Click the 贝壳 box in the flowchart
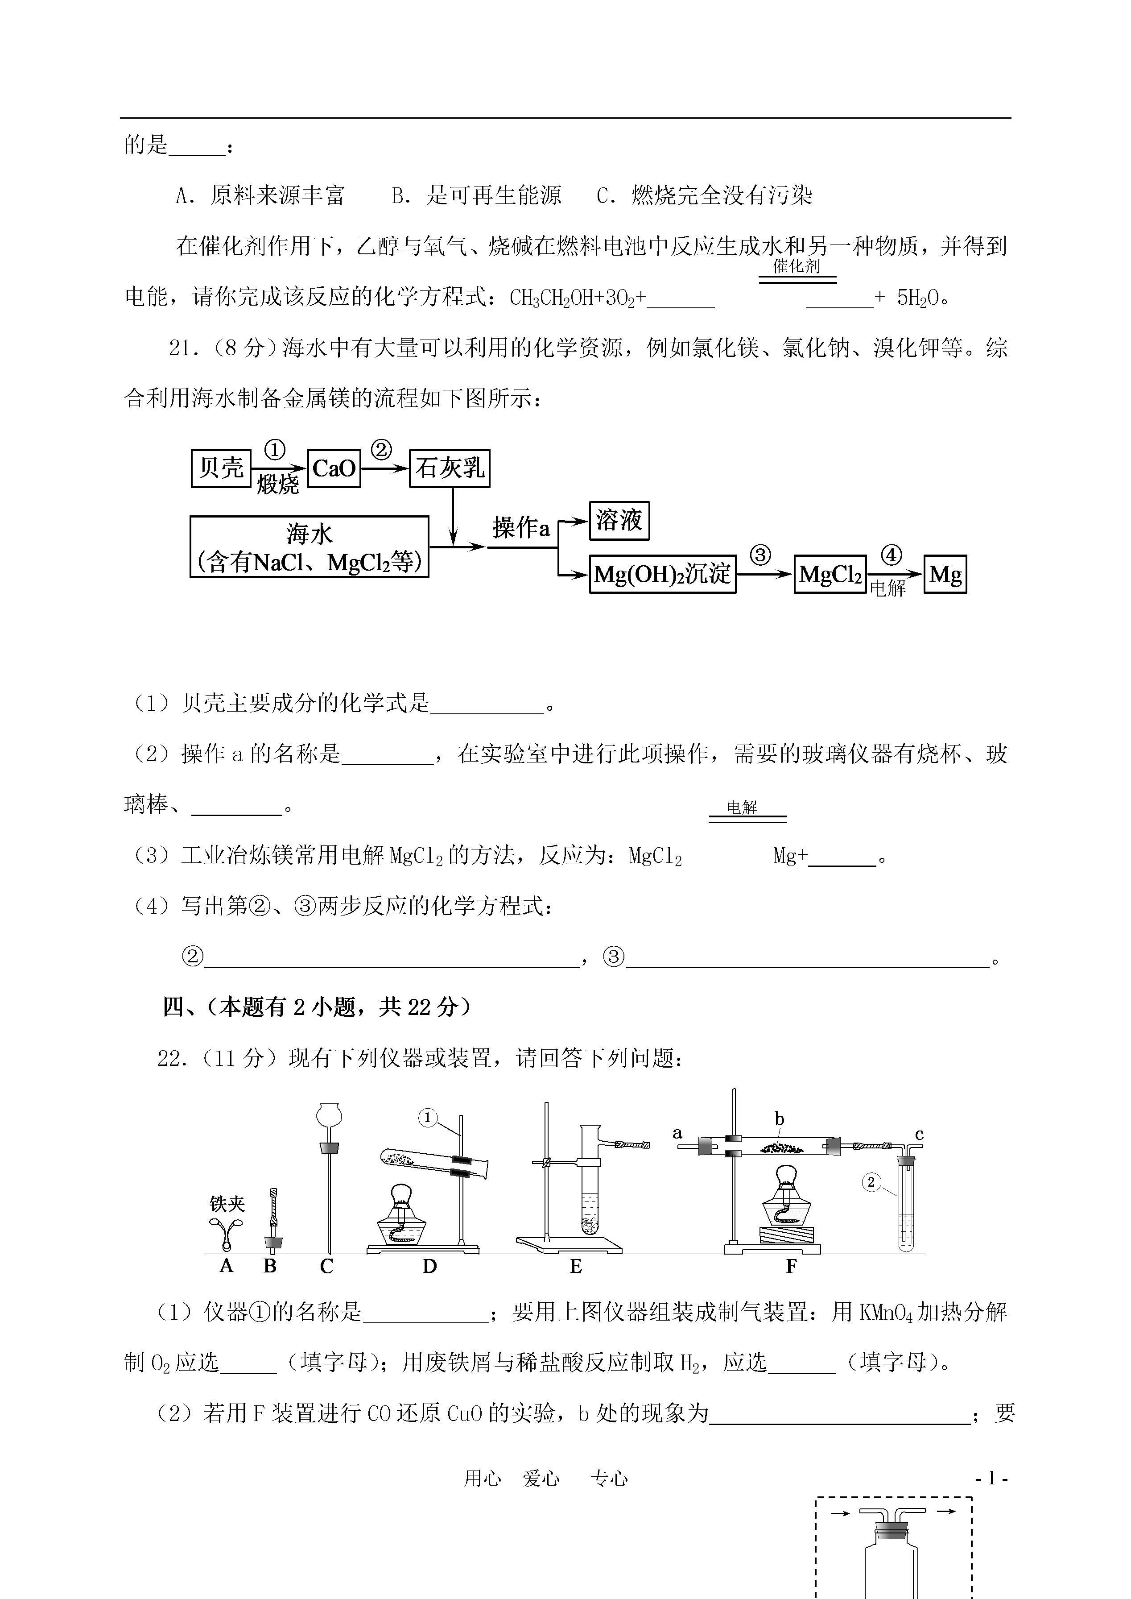tap(221, 468)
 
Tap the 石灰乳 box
tap(450, 468)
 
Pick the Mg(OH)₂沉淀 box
tap(662, 574)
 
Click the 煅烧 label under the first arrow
tap(277, 484)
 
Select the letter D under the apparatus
tap(429, 1266)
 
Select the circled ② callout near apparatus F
tap(871, 1182)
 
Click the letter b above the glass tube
tap(779, 1119)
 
